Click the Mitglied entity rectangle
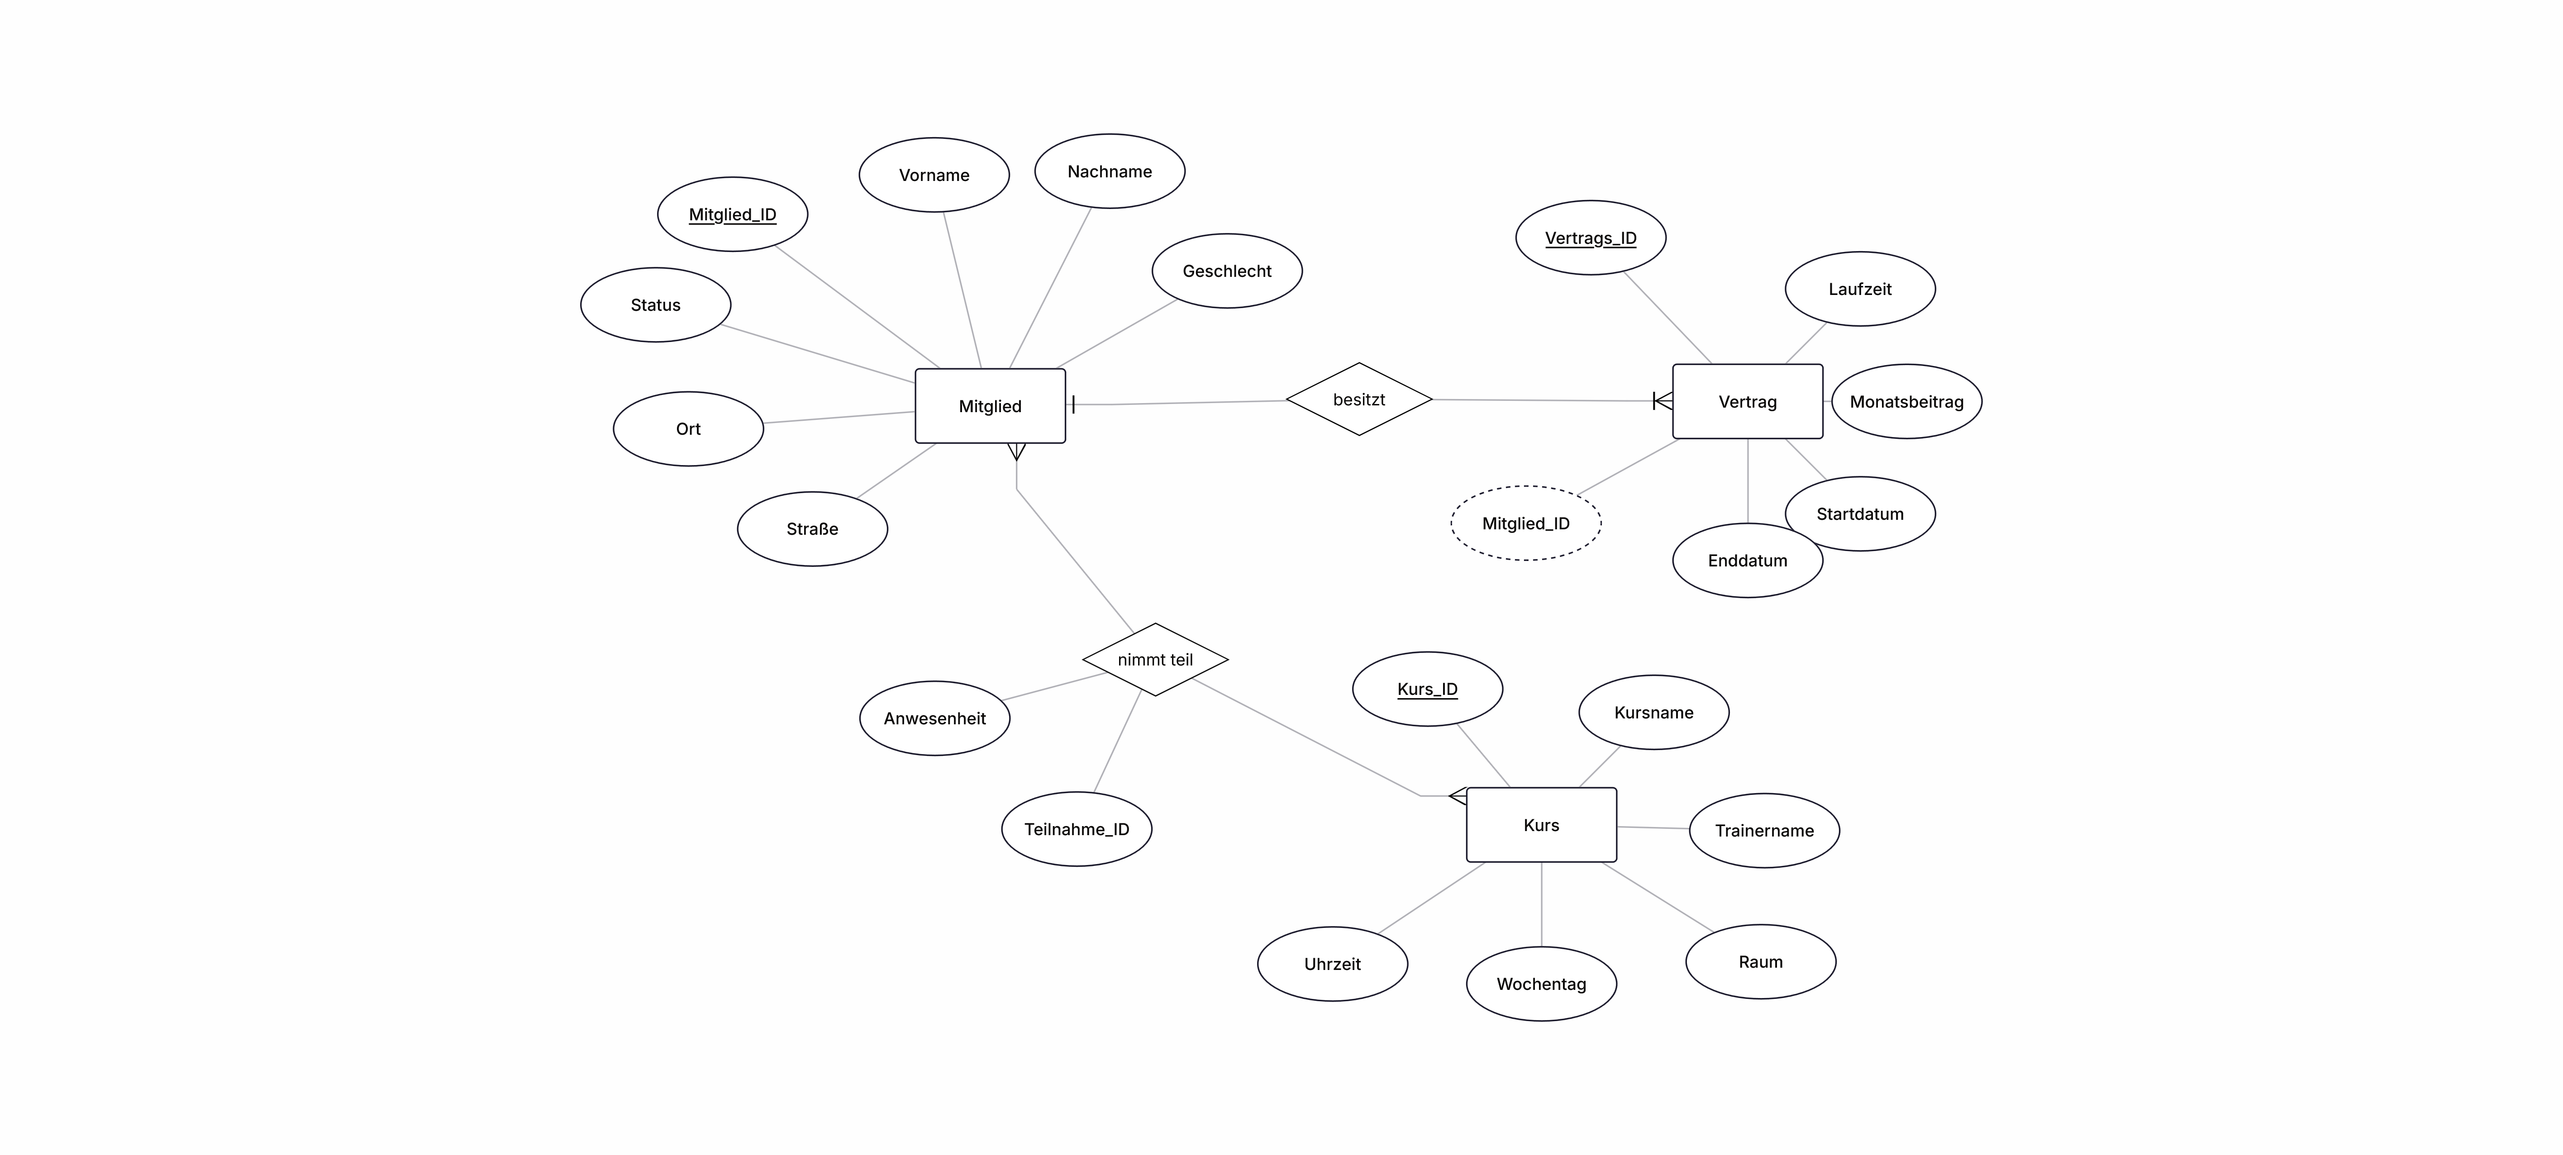(990, 406)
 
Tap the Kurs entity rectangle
(1541, 825)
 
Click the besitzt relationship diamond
(1359, 399)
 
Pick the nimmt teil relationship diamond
(1155, 660)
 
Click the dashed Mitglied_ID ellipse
(1526, 523)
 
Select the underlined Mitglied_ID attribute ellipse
(732, 214)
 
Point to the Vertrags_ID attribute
(1591, 238)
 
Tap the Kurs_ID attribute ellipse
(1428, 689)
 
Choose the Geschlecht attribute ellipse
(1227, 271)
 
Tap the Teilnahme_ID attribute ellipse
(1077, 829)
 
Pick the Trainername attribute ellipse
(1764, 831)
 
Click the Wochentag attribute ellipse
(1541, 984)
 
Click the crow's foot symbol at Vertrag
(1663, 401)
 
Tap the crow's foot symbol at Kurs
(1458, 796)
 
